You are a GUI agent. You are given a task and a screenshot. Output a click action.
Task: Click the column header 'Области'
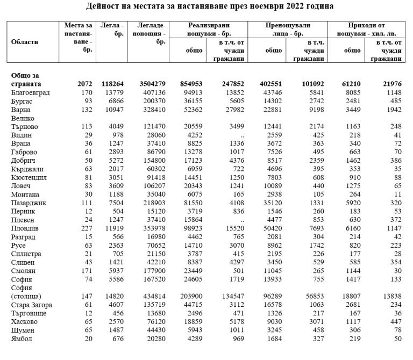[x=25, y=41]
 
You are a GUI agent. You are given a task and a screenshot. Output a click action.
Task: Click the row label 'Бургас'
[x=22, y=101]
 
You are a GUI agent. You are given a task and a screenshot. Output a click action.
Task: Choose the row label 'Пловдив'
[x=25, y=228]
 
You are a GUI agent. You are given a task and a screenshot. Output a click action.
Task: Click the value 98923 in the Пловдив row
[x=192, y=228]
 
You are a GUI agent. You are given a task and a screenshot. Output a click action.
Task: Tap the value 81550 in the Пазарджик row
[x=192, y=203]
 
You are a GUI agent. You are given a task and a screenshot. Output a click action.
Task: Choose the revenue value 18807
[x=351, y=296]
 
